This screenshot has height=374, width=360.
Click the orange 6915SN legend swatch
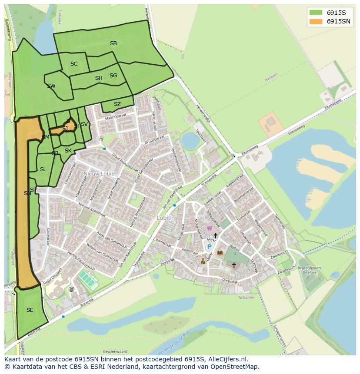(316, 21)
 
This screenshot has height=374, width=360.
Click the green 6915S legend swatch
(316, 12)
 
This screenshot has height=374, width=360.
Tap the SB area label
(113, 43)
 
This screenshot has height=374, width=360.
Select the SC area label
(74, 64)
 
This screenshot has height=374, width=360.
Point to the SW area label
(51, 86)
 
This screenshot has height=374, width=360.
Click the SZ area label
(117, 104)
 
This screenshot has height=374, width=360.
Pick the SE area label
(30, 310)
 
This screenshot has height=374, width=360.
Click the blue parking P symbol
(209, 247)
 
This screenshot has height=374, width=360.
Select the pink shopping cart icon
(209, 228)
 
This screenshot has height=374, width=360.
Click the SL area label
(43, 169)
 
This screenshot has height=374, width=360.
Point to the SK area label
(68, 151)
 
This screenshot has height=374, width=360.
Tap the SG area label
(113, 76)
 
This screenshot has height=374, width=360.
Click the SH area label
(99, 78)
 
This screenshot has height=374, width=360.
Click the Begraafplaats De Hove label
(309, 271)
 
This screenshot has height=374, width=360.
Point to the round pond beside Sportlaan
(190, 140)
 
